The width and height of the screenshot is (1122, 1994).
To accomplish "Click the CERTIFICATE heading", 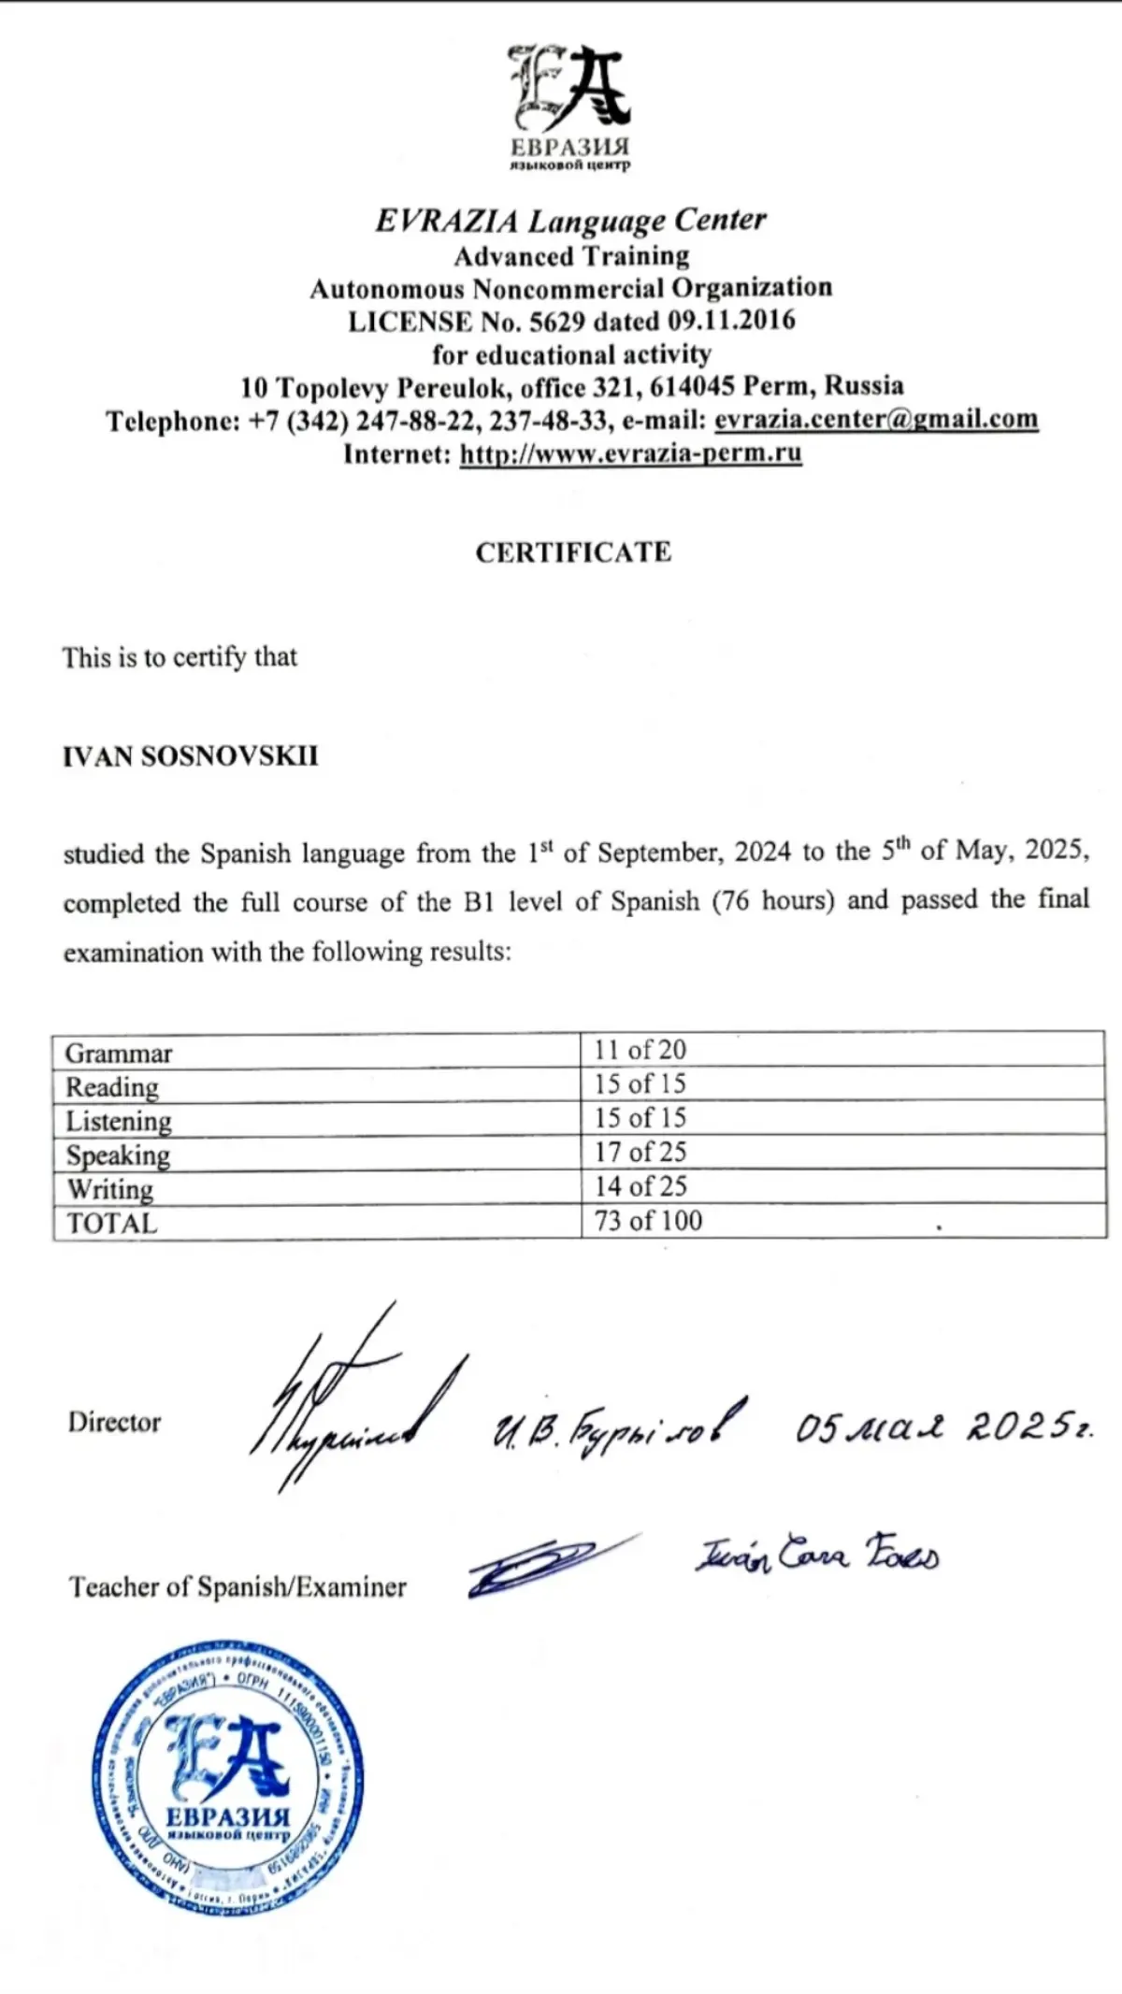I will click(x=573, y=552).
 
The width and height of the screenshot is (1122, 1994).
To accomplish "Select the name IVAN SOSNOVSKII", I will click(x=190, y=755).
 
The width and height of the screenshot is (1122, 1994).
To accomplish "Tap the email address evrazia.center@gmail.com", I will click(x=876, y=419).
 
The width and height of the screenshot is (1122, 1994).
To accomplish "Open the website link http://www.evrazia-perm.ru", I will click(x=630, y=453).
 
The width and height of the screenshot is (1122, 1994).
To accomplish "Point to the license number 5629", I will click(x=558, y=321).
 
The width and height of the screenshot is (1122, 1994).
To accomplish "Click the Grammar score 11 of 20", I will click(x=640, y=1050).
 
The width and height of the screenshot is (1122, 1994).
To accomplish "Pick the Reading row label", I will click(x=112, y=1086).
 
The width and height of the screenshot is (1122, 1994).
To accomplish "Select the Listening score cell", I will click(x=640, y=1117).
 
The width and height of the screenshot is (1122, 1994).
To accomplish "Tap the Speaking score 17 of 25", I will click(x=640, y=1152).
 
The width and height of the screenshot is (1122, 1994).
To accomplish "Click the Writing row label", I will click(x=109, y=1189).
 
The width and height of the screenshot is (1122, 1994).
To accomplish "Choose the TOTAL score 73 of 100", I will click(x=648, y=1220).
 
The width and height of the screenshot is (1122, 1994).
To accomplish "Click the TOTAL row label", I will click(x=111, y=1223).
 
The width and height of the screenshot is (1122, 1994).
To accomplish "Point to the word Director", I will click(x=114, y=1422).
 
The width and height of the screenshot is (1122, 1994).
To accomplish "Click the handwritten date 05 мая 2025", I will click(x=942, y=1427).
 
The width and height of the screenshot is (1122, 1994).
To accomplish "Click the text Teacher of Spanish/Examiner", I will click(x=237, y=1586).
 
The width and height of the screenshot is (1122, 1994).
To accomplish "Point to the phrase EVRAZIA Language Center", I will click(x=570, y=221).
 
